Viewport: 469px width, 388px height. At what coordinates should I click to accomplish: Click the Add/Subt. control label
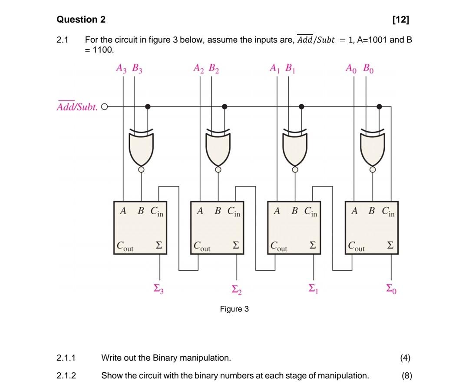pos(77,106)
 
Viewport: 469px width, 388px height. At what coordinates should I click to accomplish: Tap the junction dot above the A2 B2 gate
pos(225,106)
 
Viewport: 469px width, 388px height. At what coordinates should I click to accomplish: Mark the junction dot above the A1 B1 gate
pos(301,106)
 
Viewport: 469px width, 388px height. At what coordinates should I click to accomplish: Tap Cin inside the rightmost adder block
pos(388,212)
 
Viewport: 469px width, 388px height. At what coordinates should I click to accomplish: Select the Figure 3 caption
pos(234,309)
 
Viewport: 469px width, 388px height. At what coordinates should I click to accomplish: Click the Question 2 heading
pos(81,20)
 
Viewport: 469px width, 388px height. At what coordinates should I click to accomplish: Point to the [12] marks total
pos(400,20)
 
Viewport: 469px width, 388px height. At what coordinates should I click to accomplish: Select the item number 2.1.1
pos(66,358)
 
